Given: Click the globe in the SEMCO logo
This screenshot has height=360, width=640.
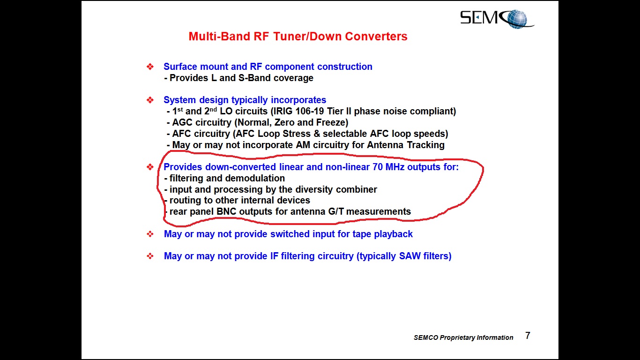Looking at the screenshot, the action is pos(517,19).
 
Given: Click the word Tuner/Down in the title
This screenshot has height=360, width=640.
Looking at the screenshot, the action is pos(307,36).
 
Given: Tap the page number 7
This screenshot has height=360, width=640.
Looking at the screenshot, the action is pos(528,336).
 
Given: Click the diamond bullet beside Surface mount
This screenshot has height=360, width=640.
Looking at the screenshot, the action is pos(150,67).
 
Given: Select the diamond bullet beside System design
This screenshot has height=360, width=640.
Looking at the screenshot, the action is pos(150,100).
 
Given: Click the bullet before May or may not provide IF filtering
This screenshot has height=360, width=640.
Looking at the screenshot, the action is pos(150,256).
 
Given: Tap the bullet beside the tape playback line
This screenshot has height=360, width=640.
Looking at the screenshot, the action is pos(150,234).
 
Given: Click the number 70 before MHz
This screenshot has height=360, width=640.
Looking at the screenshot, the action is pos(378,167).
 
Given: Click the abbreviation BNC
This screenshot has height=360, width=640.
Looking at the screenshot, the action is pos(226,211).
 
